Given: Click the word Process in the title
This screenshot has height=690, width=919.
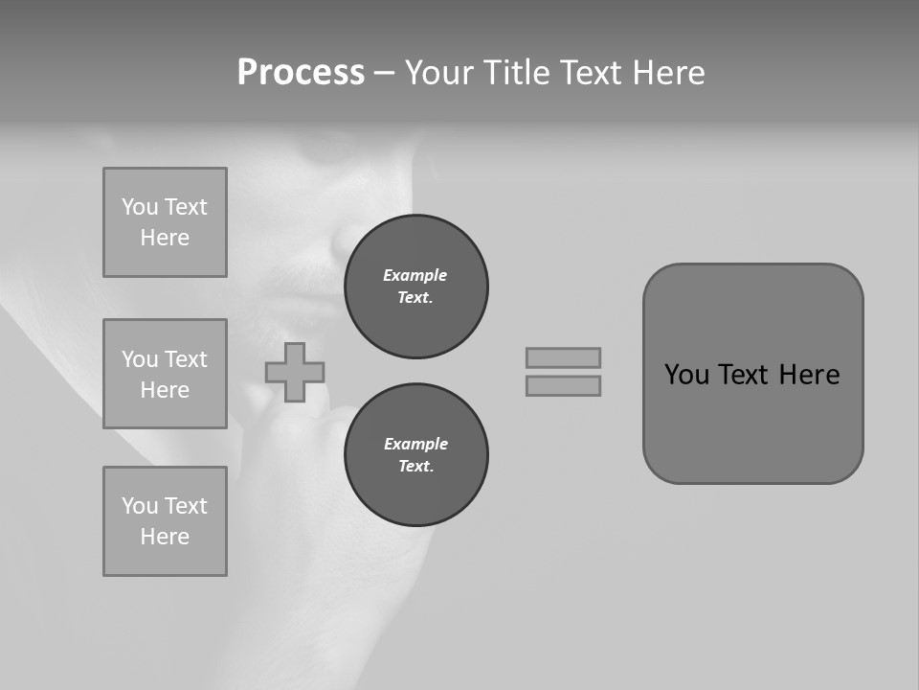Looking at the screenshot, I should pos(301,73).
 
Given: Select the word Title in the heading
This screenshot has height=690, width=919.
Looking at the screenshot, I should pos(518,73).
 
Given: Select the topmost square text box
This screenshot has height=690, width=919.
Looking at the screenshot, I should pos(165,222).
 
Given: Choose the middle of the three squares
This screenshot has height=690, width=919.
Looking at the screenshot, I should pos(165,374).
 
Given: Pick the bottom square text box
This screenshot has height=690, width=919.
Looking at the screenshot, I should pos(165,521).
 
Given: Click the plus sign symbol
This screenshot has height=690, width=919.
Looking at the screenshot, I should pos(295,373).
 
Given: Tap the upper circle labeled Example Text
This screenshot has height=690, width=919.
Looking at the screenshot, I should pos(416,287).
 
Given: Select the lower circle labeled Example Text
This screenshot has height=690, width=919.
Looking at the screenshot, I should pos(416,455).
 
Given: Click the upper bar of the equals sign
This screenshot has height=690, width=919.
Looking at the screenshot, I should pos(563,357).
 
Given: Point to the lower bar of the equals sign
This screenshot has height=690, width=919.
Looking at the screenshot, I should pos(563,385).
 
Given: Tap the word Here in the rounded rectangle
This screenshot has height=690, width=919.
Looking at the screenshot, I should pos(809,375).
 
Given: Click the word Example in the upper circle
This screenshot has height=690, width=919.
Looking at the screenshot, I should pos(415,275).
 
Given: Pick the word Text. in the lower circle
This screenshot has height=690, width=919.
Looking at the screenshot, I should pos(415,467).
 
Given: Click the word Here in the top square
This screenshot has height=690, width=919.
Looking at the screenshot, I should pos(165,238).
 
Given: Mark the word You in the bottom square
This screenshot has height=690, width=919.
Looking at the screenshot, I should pos(140,506).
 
